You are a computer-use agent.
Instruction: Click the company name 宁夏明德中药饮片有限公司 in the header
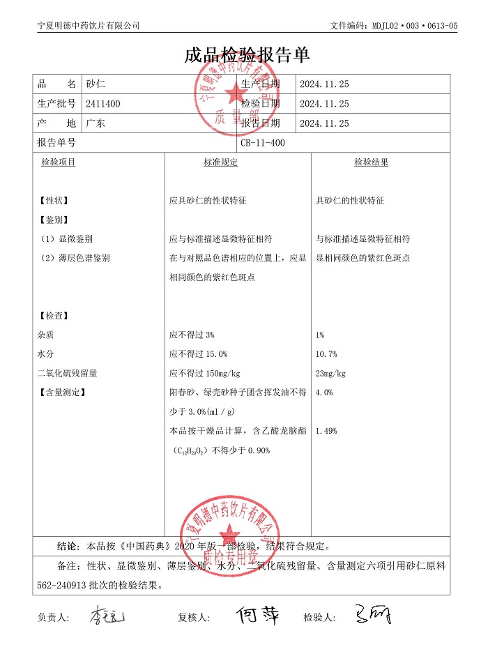tap(89, 25)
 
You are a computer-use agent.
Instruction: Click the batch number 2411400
tap(102, 104)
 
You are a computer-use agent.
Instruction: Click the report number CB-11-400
tap(263, 143)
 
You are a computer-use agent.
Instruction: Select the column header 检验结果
tap(371, 162)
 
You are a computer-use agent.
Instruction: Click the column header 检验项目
tap(59, 162)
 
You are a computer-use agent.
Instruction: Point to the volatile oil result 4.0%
tap(324, 393)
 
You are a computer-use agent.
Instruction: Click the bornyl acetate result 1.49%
tap(326, 431)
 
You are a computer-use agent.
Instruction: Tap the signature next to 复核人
tap(258, 615)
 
